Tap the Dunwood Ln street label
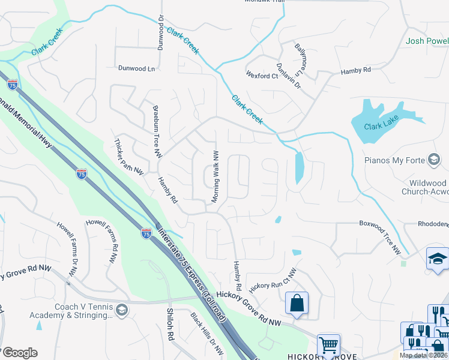(136, 68)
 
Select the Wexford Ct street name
(262, 76)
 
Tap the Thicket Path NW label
(129, 157)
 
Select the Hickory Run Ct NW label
(274, 280)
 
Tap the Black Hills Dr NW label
(206, 334)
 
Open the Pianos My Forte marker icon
(433, 160)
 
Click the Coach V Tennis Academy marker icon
(122, 310)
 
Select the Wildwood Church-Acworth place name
(420, 188)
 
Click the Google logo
(20, 353)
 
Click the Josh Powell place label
(427, 41)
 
